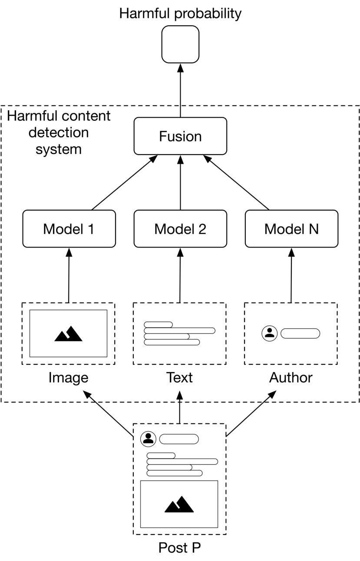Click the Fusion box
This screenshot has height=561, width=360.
180,136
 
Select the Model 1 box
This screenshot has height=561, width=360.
69,229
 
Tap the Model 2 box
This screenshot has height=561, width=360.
180,229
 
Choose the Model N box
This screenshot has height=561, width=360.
291,229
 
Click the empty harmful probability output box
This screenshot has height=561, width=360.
180,44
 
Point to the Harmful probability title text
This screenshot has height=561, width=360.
180,14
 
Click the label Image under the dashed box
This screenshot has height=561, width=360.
68,378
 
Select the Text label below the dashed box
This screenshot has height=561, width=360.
179,377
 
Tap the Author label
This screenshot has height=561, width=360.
291,377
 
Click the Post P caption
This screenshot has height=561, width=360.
180,548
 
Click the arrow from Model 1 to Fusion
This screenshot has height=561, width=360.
125,182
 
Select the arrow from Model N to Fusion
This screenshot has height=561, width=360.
236,182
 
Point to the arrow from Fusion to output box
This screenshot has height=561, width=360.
180,90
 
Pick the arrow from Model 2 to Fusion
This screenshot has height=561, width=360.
180,182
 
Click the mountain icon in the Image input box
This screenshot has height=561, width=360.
68,333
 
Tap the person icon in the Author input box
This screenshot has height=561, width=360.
270,333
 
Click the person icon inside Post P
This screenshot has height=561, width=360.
149,439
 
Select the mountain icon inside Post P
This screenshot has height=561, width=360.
179,504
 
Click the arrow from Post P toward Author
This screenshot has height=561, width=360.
251,413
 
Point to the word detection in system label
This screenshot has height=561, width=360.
59,132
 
